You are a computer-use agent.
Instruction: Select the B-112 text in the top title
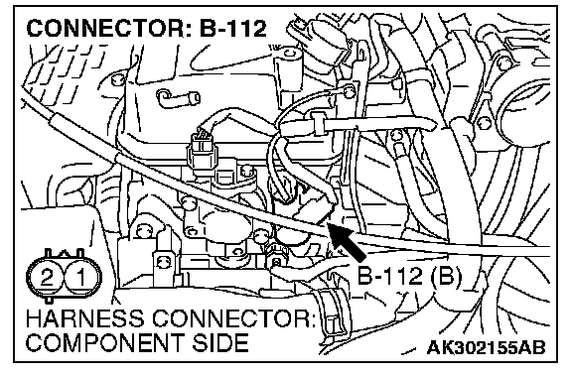pos(233,29)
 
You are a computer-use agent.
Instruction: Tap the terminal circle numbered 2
pos(46,277)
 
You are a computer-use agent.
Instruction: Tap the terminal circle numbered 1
pos(81,277)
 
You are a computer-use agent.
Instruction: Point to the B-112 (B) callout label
pos(409,276)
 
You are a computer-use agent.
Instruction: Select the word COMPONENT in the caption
pos(105,342)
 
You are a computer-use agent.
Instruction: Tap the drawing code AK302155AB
pos(486,347)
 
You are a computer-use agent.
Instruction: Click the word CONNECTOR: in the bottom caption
pos(233,318)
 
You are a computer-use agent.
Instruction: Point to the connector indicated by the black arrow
pos(314,206)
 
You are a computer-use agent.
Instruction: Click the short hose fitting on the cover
pos(179,97)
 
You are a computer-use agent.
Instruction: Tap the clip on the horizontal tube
pos(318,123)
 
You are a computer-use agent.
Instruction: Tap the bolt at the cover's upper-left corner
pos(117,79)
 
